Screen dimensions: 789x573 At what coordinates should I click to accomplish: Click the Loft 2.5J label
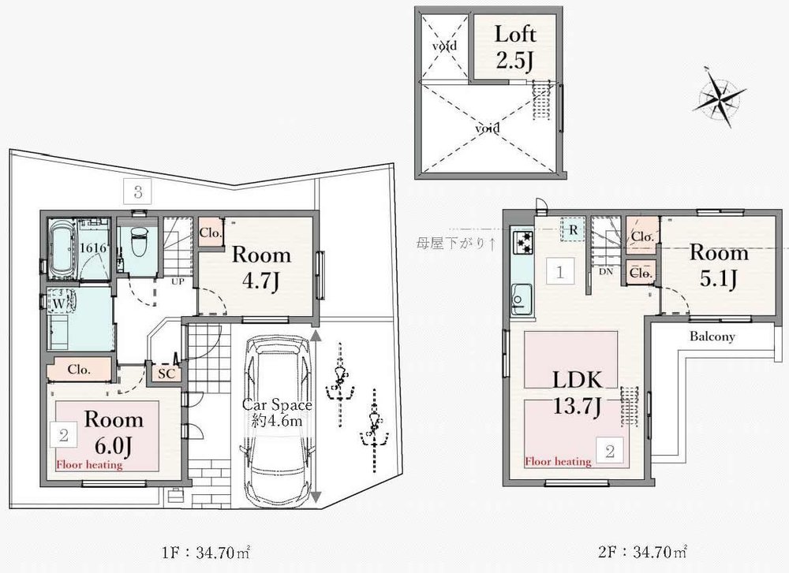(515, 47)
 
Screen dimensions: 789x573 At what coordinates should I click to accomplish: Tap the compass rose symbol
(719, 97)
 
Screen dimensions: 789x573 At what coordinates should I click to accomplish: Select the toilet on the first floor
(138, 240)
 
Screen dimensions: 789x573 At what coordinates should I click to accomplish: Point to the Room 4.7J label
(261, 268)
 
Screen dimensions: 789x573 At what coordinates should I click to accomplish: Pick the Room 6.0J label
(114, 432)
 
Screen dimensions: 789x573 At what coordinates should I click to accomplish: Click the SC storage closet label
(166, 374)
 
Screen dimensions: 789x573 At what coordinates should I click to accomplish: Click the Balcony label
(712, 337)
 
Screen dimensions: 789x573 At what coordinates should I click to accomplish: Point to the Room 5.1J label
(719, 265)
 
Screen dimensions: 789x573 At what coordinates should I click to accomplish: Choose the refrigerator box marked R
(573, 229)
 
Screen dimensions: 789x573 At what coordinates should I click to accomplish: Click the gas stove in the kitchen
(523, 242)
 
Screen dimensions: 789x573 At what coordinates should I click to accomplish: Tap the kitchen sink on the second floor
(522, 299)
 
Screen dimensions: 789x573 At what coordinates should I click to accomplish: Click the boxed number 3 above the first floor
(138, 192)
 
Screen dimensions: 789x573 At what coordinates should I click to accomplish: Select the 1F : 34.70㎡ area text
(206, 553)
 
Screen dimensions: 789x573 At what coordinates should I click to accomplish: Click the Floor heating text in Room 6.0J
(89, 464)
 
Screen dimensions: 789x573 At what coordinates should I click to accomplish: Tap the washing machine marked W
(61, 303)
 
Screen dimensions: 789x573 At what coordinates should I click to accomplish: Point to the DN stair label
(606, 271)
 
